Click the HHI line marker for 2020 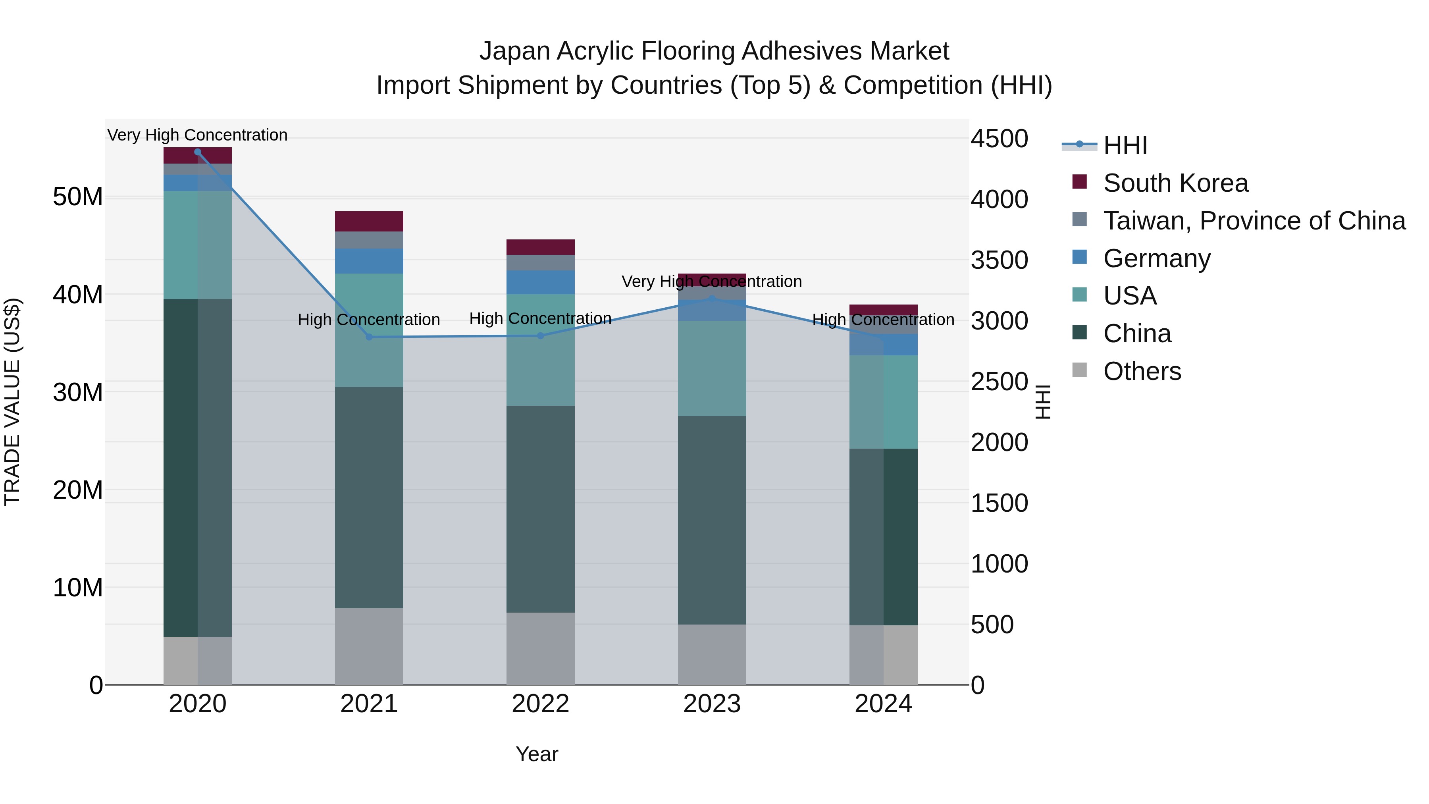tap(198, 152)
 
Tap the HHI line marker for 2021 tap(369, 337)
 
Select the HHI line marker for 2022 tap(541, 335)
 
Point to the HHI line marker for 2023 tap(712, 299)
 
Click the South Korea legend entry tap(1175, 183)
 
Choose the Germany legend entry tap(1157, 258)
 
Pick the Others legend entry tap(1142, 371)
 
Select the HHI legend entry tap(1125, 145)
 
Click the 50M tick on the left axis tap(78, 197)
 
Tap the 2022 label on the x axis tap(540, 704)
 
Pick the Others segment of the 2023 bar tap(712, 654)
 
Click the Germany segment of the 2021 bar tap(369, 261)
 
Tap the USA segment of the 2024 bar tap(883, 402)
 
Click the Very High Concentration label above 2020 tap(198, 135)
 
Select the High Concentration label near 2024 tap(883, 320)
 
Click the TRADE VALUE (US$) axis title tap(13, 402)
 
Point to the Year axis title tap(536, 754)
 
